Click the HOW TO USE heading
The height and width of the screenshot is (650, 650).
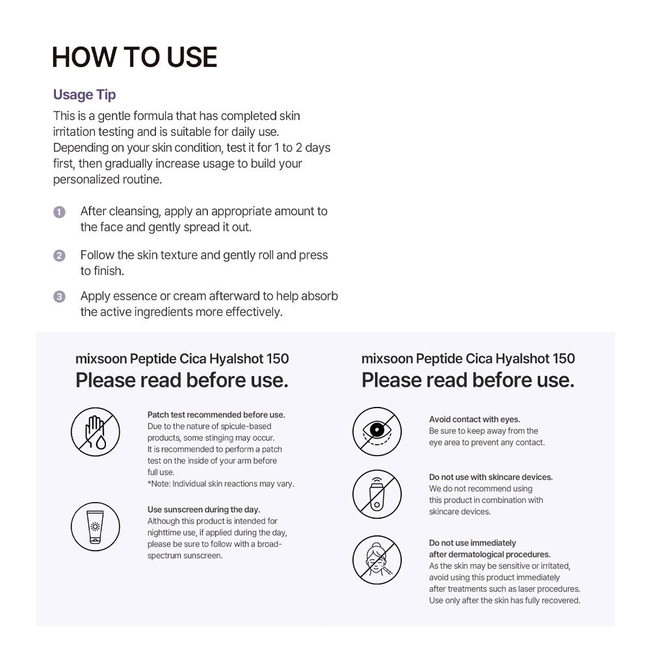135,57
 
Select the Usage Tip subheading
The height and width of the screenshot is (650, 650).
84,95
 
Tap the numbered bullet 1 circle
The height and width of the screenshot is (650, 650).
59,212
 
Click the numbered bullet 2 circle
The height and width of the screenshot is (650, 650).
59,256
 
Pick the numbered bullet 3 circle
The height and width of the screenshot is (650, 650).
59,297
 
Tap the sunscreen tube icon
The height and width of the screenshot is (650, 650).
96,526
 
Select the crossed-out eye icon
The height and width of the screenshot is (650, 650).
377,432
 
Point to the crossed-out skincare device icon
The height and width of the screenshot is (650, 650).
377,494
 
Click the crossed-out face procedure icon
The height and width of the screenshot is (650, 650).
377,560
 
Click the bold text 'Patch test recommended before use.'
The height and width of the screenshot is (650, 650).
216,415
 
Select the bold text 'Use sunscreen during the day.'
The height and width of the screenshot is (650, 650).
203,510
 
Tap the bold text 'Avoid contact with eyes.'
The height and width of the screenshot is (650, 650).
474,419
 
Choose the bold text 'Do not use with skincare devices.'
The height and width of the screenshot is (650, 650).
491,477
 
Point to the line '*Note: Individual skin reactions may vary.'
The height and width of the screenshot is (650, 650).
221,484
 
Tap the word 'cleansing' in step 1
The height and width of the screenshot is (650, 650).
135,211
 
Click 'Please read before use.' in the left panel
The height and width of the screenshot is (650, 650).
182,380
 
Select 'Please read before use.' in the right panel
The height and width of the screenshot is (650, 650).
468,380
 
